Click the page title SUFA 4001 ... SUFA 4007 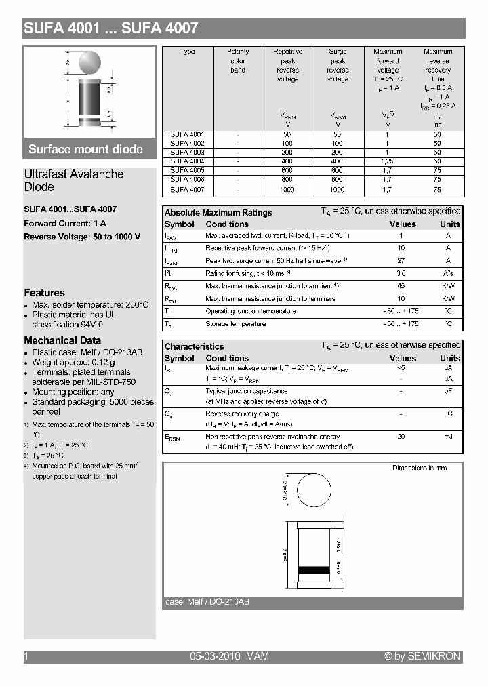coord(111,28)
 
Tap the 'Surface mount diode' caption coord(85,149)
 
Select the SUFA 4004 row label coord(188,161)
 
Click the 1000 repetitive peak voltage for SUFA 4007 coord(287,190)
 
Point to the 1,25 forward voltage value coord(387,161)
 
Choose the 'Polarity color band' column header coord(238,61)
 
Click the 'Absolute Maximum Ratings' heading coord(218,213)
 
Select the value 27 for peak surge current coord(401,261)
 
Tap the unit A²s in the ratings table coord(448,273)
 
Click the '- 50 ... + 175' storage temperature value coord(401,324)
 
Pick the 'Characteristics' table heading coord(194,346)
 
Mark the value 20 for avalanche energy coord(401,437)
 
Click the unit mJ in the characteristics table coord(448,437)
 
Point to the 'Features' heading coord(44,293)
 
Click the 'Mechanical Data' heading coord(62,340)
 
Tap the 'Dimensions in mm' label coord(420,468)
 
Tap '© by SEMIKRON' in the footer coord(422,656)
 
